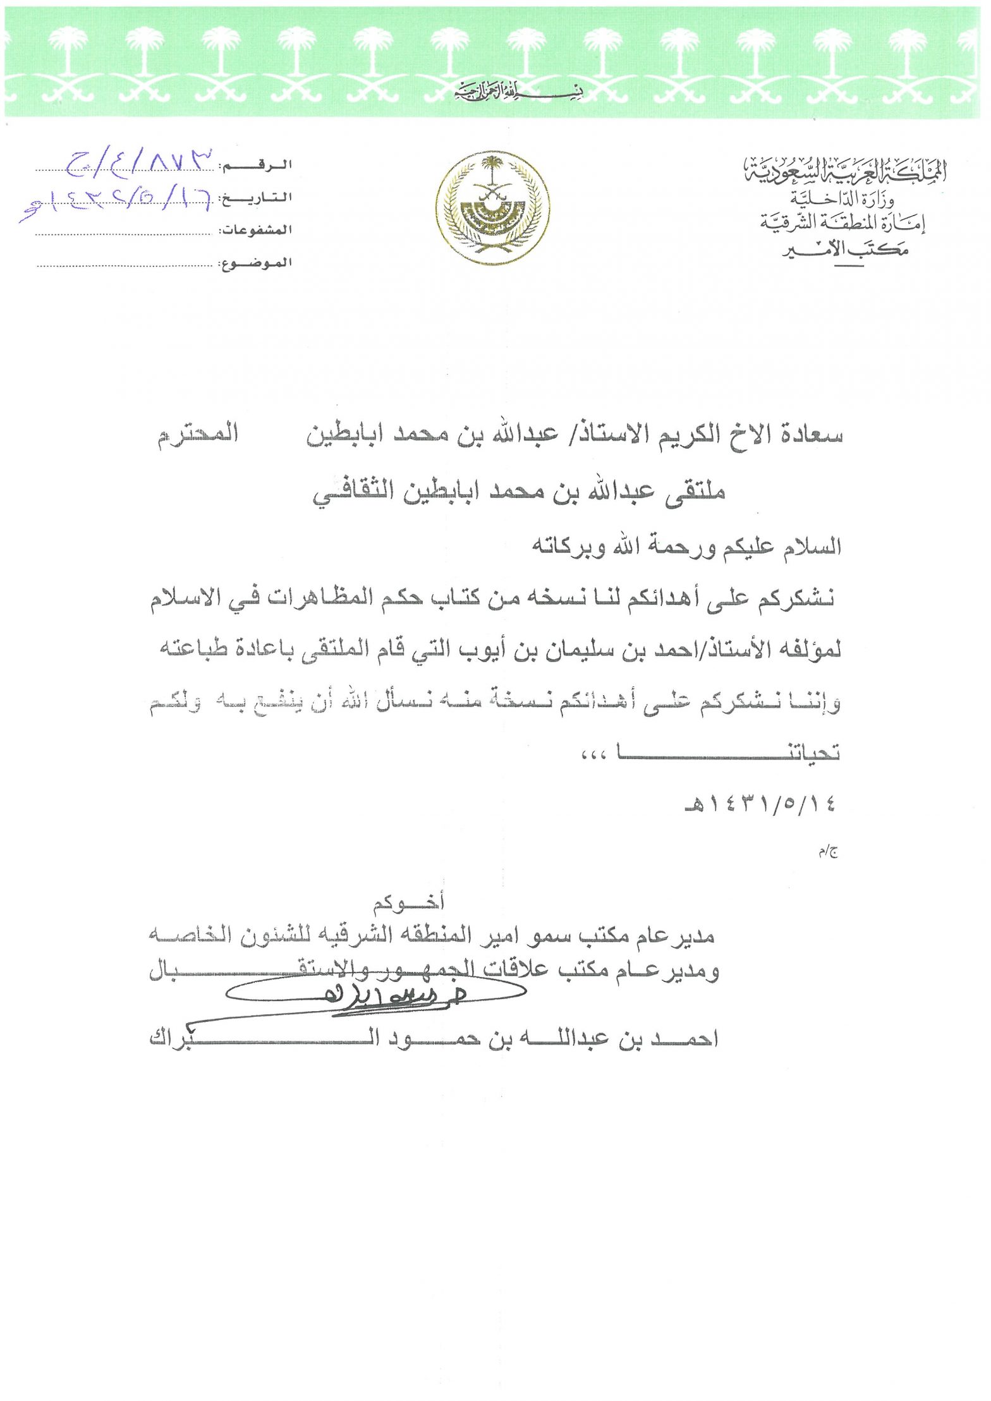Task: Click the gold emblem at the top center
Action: click(491, 208)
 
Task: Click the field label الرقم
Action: click(256, 166)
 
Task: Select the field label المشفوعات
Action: click(256, 231)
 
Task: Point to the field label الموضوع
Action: click(256, 263)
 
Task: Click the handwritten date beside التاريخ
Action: click(117, 201)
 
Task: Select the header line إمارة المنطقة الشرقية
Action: click(843, 222)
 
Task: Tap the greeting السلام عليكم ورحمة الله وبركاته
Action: click(687, 546)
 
